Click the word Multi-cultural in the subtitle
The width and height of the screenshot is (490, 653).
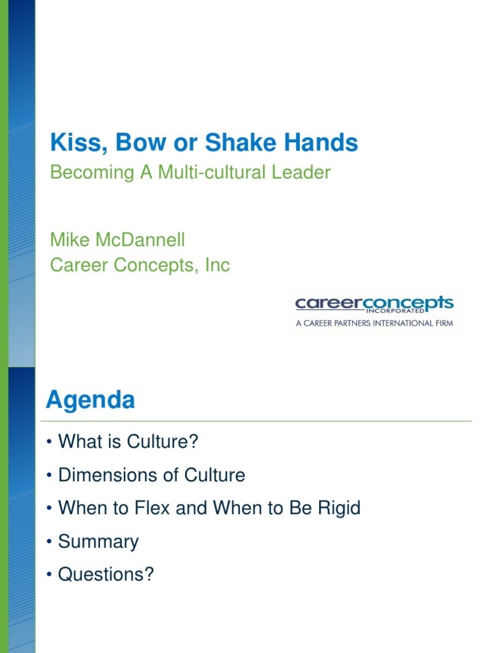click(209, 173)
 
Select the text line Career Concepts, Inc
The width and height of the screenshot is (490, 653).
click(140, 265)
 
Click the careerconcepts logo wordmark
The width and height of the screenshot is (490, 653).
click(374, 302)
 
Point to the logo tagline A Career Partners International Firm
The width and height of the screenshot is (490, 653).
click(374, 323)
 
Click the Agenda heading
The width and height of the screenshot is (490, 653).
click(91, 400)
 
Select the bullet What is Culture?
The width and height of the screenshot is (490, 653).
click(128, 441)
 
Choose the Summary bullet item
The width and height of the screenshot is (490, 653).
click(98, 541)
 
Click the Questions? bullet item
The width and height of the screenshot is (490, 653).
click(106, 575)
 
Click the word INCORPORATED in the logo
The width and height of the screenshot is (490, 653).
click(395, 312)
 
